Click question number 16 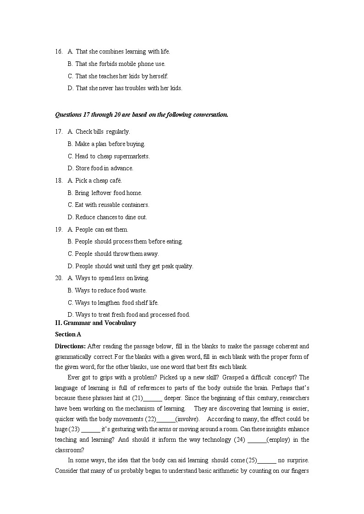coord(59,52)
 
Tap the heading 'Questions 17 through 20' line coord(141,115)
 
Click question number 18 coord(59,181)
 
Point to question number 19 coord(59,230)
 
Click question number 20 coord(59,278)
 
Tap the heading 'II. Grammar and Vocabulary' coord(95,323)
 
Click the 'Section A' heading coord(68,335)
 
